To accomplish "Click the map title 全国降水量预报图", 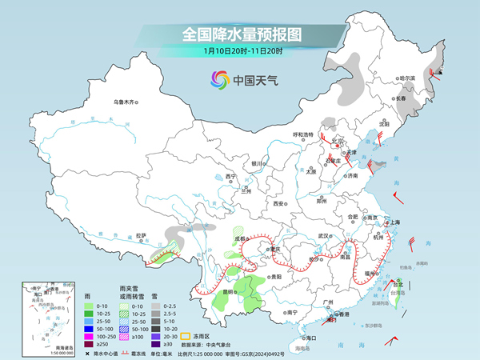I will click(239, 34).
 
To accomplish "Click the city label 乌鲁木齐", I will click(126, 102).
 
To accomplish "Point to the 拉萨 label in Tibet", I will click(141, 236).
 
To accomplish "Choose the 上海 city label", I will click(394, 222).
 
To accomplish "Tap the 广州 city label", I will click(326, 302).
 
